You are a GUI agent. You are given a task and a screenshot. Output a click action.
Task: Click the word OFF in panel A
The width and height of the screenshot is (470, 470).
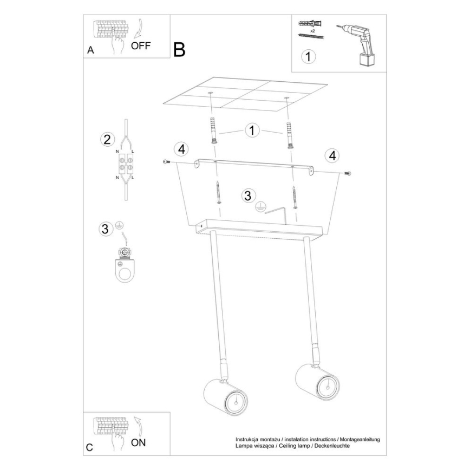point(141,46)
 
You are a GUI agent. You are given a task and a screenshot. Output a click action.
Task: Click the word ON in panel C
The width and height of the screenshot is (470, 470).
point(138,442)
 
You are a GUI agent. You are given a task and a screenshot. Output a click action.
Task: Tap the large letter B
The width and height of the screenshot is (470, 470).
point(179,49)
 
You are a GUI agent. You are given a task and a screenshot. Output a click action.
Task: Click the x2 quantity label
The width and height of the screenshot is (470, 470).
point(312,31)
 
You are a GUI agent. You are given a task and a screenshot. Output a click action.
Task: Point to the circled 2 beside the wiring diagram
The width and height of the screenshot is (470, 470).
point(107,140)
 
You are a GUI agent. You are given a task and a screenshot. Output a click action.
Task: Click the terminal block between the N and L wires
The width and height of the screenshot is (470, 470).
point(126,164)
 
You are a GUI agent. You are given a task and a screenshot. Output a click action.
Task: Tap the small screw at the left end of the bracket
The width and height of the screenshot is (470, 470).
point(166,162)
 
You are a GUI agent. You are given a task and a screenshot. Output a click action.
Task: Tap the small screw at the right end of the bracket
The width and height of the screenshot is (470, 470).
point(348,173)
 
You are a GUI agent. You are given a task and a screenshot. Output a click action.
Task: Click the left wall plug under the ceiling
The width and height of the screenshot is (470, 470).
point(213,131)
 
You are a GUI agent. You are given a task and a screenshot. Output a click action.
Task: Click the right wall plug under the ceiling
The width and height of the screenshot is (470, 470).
point(289,135)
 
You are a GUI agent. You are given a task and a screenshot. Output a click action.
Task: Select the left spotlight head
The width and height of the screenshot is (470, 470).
point(225,397)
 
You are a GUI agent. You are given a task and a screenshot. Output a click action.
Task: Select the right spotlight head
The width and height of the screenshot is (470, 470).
point(317,382)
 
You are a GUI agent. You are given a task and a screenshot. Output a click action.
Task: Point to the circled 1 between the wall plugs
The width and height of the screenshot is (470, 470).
point(252,130)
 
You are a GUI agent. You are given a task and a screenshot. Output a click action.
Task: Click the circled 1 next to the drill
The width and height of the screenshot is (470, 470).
point(309,56)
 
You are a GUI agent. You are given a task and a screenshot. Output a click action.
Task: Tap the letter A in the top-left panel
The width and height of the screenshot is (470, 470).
point(90,50)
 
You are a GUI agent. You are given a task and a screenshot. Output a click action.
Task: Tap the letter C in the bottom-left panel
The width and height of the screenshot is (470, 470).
point(89,447)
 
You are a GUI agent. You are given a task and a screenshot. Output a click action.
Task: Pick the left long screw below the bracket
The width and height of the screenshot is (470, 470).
point(218,192)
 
